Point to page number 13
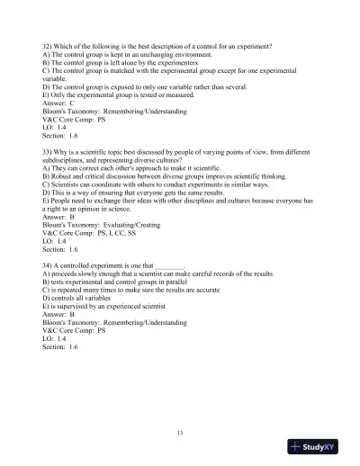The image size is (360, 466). click(x=180, y=434)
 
